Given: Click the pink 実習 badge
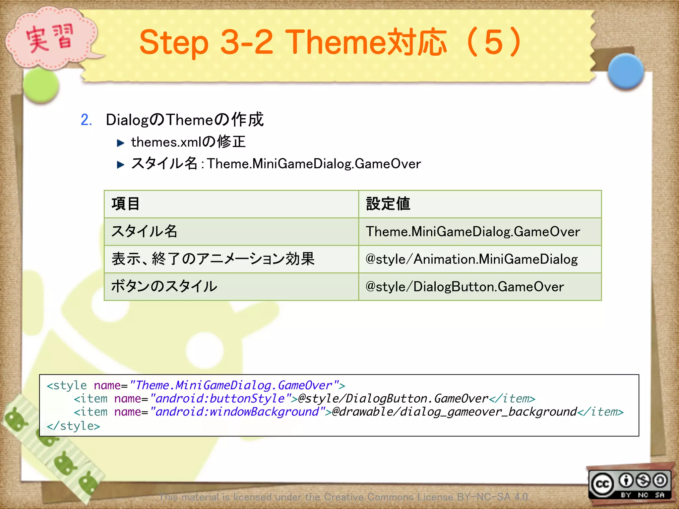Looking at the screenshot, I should point(50,39).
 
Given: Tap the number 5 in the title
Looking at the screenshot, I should point(494,42).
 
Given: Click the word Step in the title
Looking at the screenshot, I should point(174,42).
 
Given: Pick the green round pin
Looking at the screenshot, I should point(41,85).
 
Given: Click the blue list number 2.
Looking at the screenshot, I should point(86,120).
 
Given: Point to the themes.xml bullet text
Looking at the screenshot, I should point(188,142).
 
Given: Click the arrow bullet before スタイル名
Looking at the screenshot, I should point(120,164).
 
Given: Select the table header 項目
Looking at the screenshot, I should point(125,204).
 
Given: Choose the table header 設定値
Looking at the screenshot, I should point(388,204).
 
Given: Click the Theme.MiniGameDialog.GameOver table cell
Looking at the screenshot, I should point(472,232).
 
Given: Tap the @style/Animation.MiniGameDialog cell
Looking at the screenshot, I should point(471,259).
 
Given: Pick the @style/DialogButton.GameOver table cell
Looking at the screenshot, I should point(464,287).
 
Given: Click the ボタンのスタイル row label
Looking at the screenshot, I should point(164,287).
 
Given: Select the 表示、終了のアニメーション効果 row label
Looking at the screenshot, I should point(213,259).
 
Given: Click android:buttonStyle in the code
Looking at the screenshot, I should point(219,399).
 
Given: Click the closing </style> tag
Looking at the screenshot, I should point(73,426).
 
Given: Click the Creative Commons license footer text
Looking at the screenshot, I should point(344,497).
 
